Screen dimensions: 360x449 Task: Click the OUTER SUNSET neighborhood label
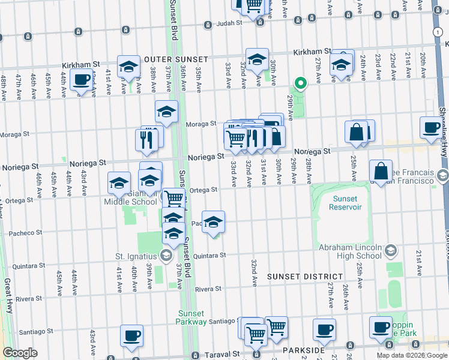(176, 59)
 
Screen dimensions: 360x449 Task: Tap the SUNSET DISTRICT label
(304, 277)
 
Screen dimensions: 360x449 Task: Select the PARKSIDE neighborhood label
(306, 350)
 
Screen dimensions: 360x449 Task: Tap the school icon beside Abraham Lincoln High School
(391, 250)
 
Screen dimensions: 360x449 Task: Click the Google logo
(20, 353)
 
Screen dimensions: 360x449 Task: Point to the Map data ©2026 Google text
(412, 355)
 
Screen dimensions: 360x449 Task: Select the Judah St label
(229, 24)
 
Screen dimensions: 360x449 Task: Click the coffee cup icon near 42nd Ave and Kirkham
(81, 79)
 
